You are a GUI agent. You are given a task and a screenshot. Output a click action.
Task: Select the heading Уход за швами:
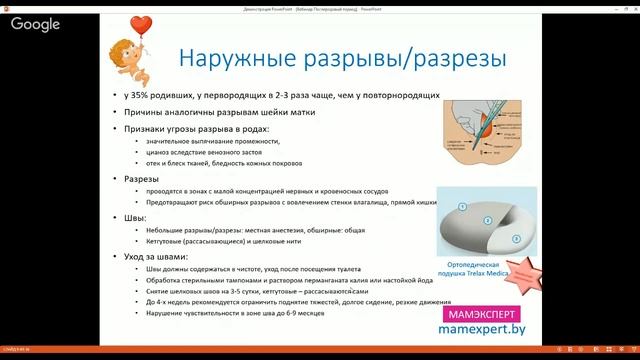click(161, 257)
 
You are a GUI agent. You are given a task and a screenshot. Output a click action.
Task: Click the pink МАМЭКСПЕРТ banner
click(477, 313)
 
